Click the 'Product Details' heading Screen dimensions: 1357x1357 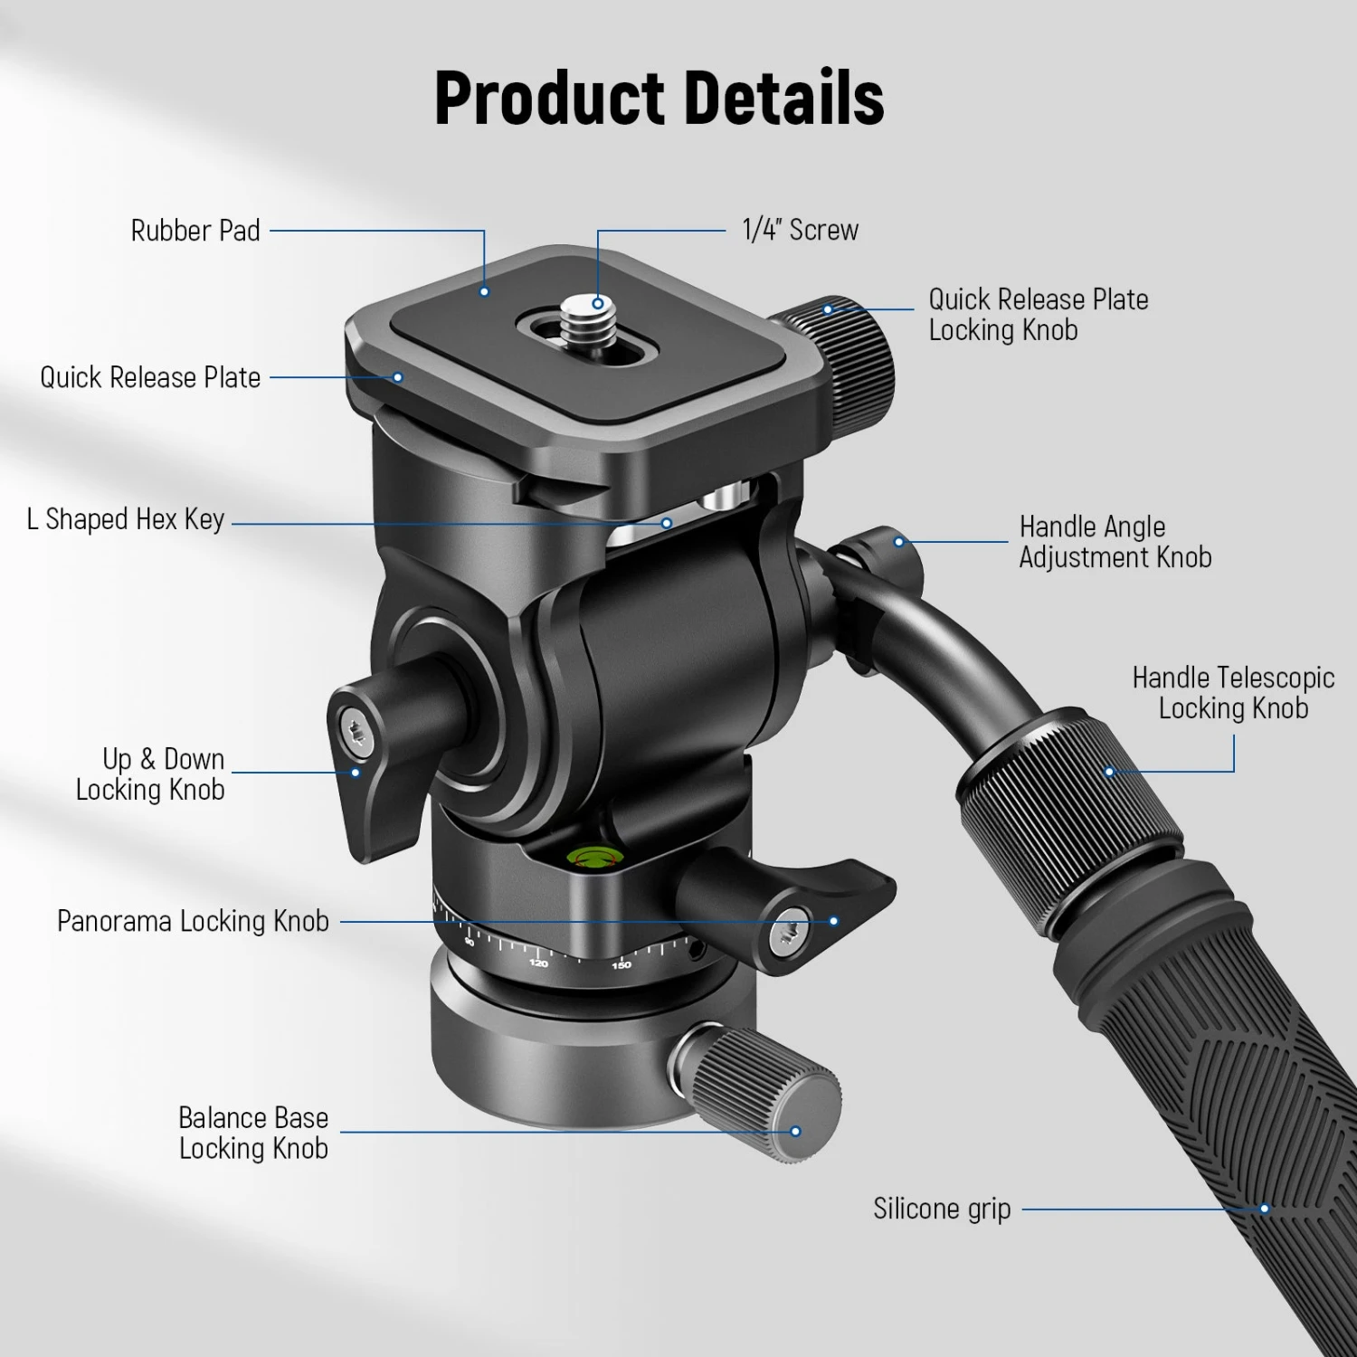[659, 98]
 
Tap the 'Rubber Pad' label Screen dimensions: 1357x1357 [195, 231]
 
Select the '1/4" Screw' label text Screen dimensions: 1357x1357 [800, 230]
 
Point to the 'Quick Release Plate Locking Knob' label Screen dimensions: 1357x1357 [1038, 314]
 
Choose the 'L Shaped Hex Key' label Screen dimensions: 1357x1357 [126, 519]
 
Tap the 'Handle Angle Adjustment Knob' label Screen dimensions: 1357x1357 [1115, 542]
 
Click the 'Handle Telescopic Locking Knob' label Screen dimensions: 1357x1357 [1233, 693]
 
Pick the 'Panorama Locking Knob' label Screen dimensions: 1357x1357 [193, 921]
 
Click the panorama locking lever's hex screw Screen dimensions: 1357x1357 [790, 932]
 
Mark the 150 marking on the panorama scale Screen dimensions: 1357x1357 [621, 965]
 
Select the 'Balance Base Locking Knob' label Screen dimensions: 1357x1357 [253, 1133]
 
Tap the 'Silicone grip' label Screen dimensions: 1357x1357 [942, 1209]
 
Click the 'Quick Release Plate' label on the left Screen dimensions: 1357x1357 [150, 377]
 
